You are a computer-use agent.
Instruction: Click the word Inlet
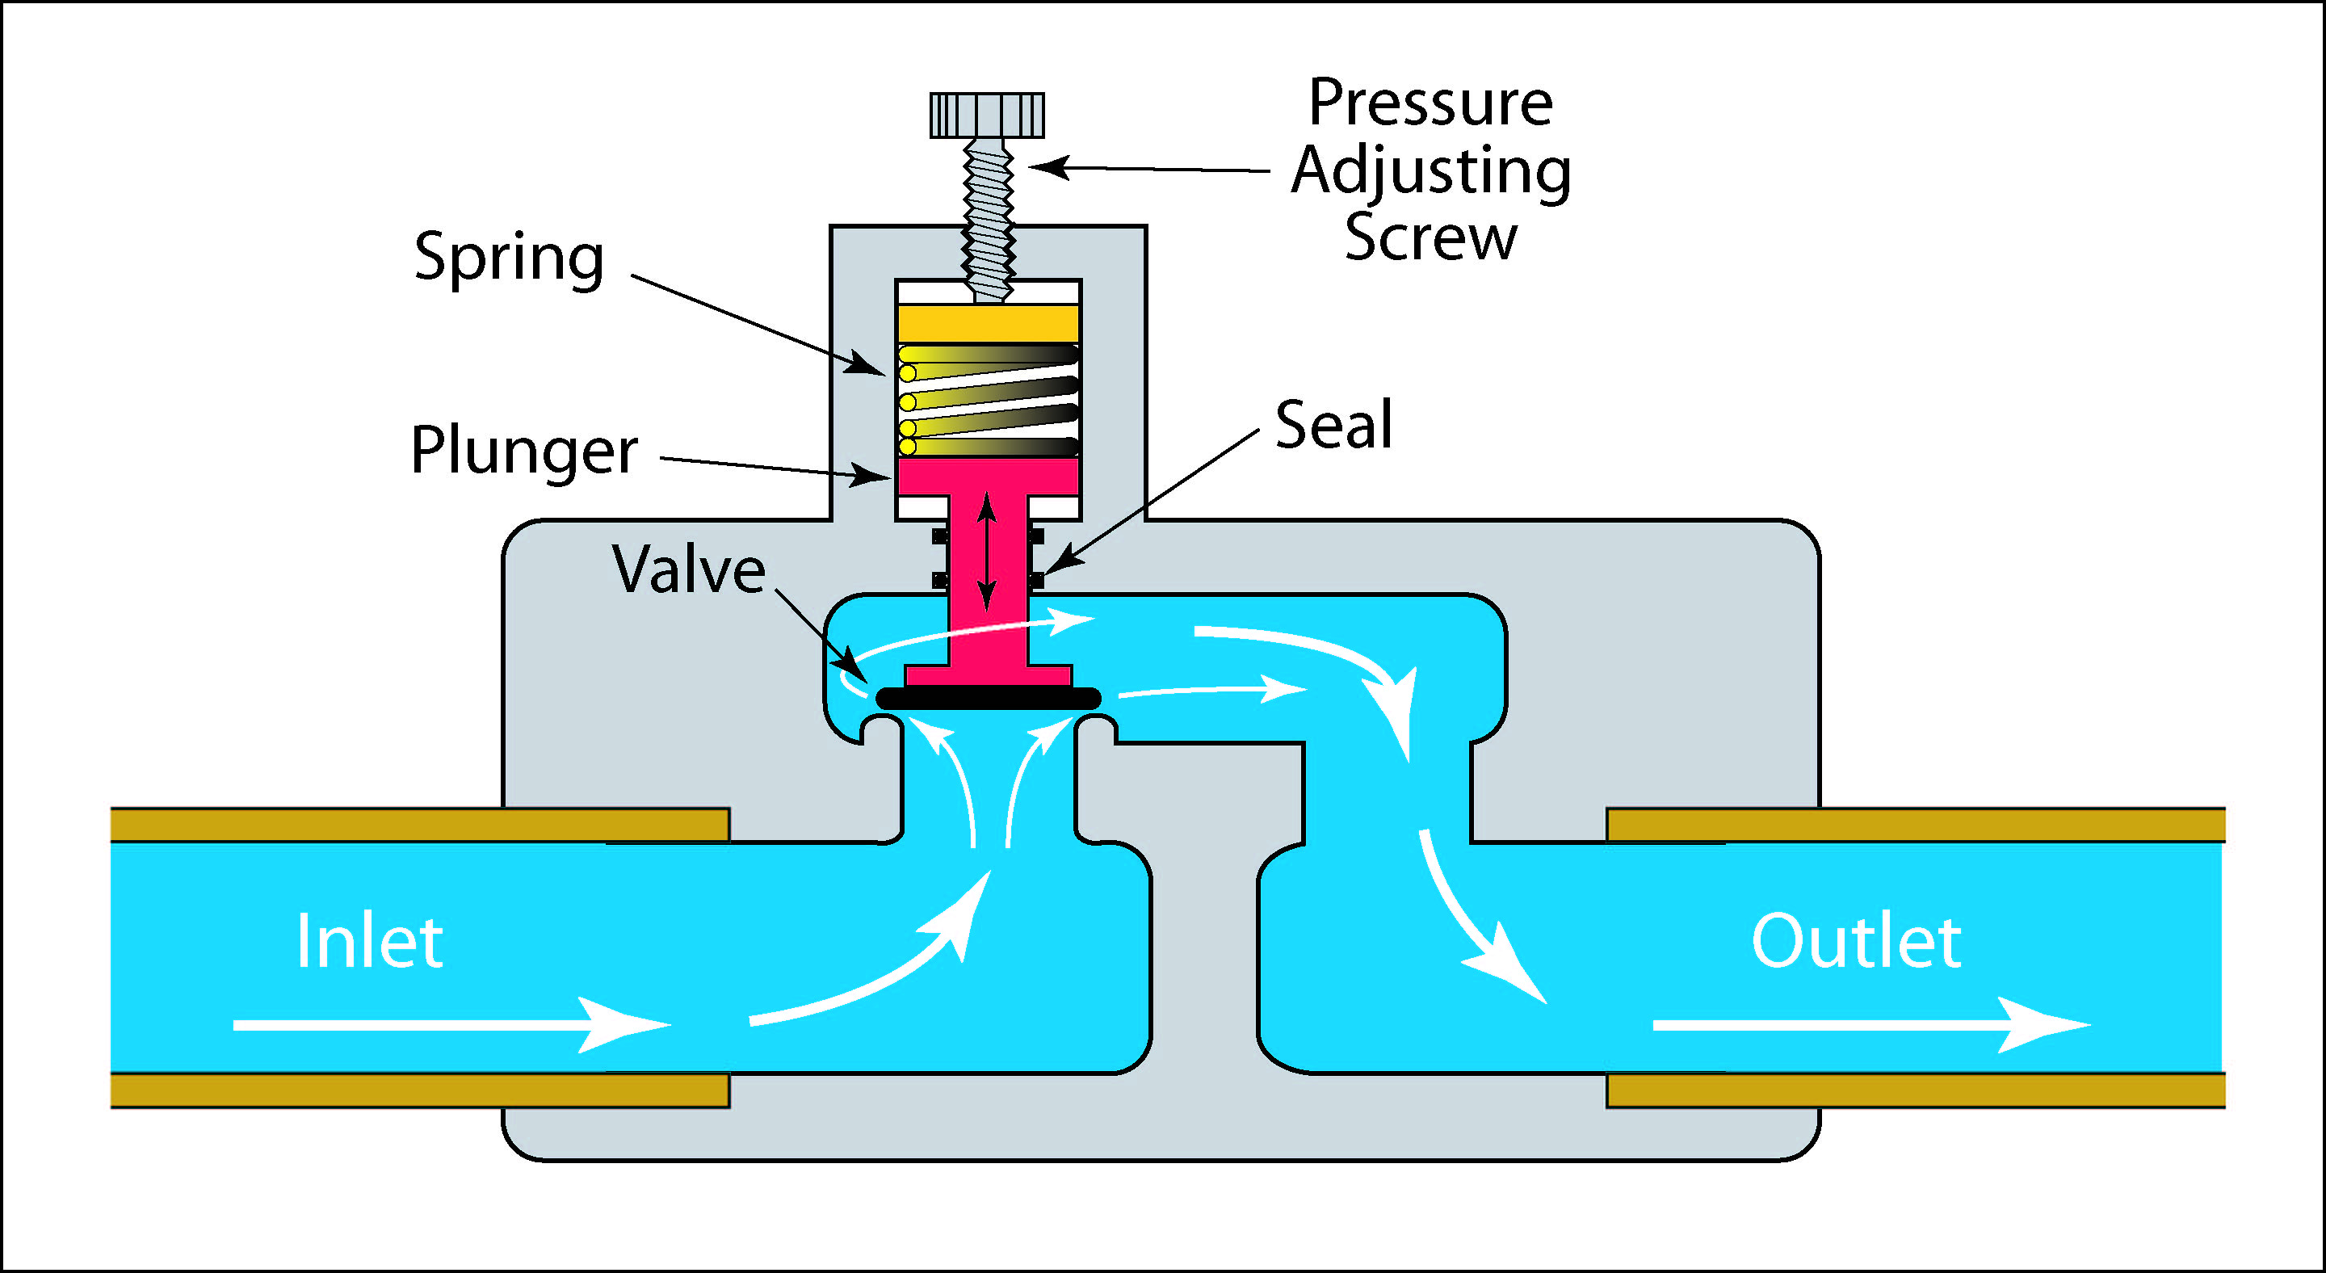(x=369, y=942)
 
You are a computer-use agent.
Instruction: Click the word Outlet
(x=1856, y=942)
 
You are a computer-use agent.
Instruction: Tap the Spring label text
(x=508, y=258)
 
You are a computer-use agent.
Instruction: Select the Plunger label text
(x=523, y=450)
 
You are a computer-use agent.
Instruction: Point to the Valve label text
(x=688, y=569)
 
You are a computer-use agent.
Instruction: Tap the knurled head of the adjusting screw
(x=987, y=115)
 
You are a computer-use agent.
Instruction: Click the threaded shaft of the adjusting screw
(x=988, y=216)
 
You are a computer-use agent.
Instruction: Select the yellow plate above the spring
(x=988, y=323)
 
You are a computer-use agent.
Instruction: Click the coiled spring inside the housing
(x=988, y=400)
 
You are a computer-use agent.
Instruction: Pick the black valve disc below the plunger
(x=988, y=698)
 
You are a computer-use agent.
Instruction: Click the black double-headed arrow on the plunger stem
(x=987, y=552)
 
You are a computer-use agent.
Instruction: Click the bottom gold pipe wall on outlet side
(x=1914, y=1090)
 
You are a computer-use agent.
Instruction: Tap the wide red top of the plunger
(x=988, y=476)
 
